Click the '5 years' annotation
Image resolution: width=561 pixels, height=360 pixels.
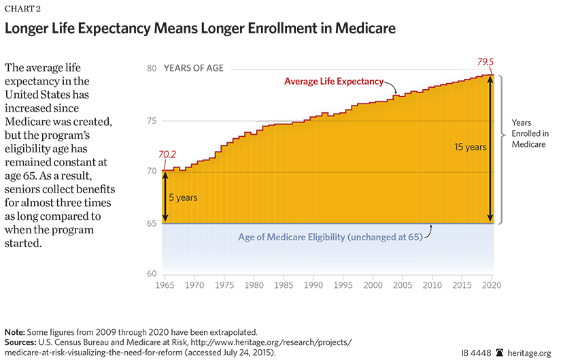click(183, 198)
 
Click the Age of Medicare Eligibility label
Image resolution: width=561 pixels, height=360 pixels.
click(330, 238)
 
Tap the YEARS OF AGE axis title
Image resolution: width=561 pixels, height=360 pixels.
click(194, 69)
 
